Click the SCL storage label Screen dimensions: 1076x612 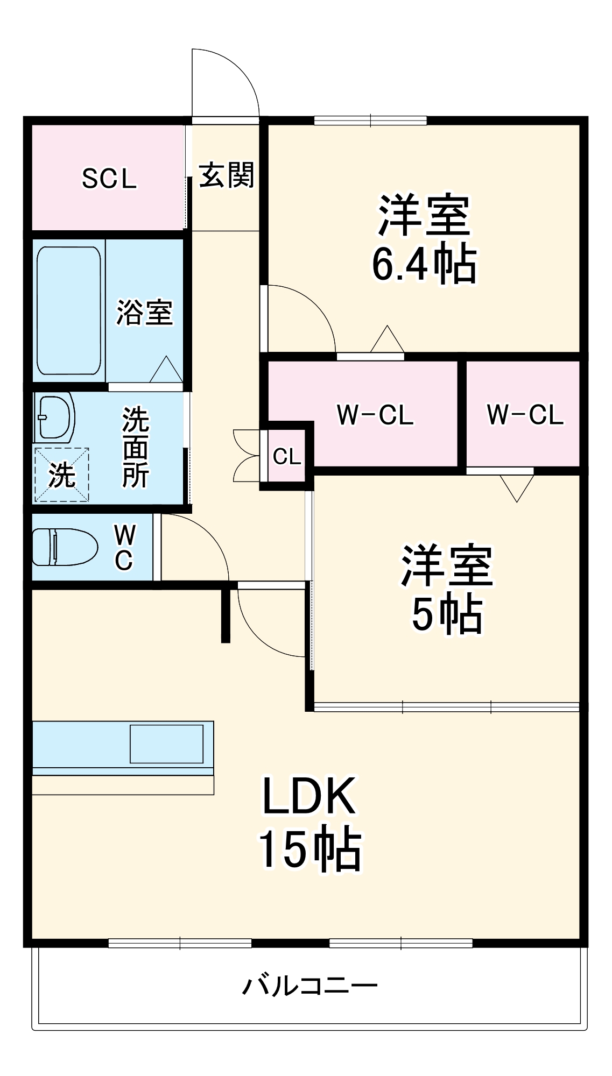109,179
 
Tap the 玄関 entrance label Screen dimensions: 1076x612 226,175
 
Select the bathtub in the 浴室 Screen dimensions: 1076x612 68,310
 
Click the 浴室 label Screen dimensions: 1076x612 144,312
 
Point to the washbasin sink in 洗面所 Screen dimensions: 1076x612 54,418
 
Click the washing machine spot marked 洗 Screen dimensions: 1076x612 61,475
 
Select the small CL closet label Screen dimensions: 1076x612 286,457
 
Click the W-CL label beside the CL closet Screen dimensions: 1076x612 375,415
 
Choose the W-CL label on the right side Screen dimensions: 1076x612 525,415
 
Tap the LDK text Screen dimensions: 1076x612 308,796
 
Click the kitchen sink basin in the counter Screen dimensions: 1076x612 166,744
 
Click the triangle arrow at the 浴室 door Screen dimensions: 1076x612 166,370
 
